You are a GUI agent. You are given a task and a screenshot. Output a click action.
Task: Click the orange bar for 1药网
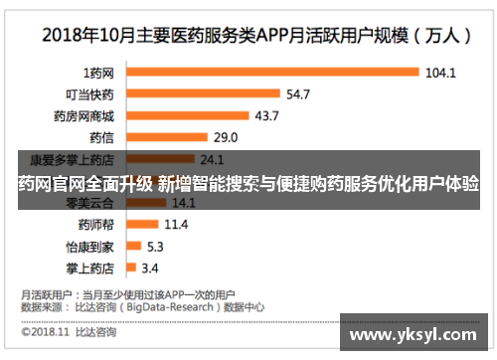click(x=269, y=73)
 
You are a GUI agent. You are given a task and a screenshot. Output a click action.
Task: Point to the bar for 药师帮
click(x=140, y=224)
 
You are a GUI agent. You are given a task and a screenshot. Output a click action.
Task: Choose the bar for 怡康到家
click(x=131, y=246)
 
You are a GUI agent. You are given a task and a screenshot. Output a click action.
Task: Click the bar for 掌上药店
click(x=129, y=267)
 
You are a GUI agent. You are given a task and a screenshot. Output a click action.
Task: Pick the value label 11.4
click(x=176, y=224)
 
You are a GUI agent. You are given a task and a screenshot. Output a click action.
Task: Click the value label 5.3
click(x=156, y=246)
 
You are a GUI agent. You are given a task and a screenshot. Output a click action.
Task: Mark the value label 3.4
click(x=150, y=268)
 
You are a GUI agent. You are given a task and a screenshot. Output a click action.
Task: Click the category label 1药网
click(x=98, y=73)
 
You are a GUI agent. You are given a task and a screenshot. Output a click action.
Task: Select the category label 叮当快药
click(x=89, y=94)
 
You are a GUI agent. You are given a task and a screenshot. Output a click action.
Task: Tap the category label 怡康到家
click(x=89, y=246)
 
